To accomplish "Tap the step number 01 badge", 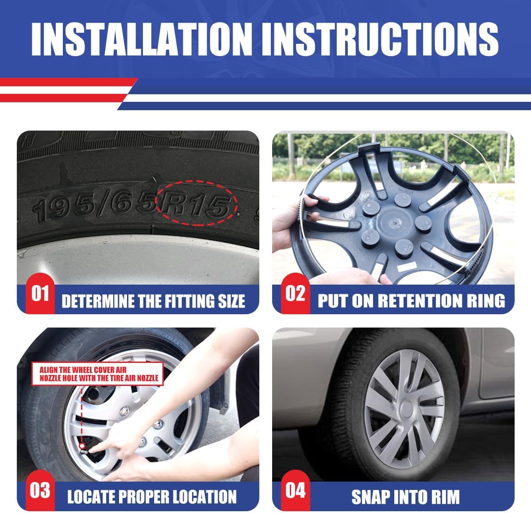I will pos(40,293).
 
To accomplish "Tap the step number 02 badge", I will pos(295,293).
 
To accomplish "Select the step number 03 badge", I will pos(40,490).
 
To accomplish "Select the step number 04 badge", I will pos(295,490).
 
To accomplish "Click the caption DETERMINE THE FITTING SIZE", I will pos(153,301).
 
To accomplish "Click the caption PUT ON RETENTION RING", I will pos(411,301).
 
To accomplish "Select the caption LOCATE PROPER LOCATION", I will pos(152,497).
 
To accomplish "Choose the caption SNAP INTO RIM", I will pos(405,497).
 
